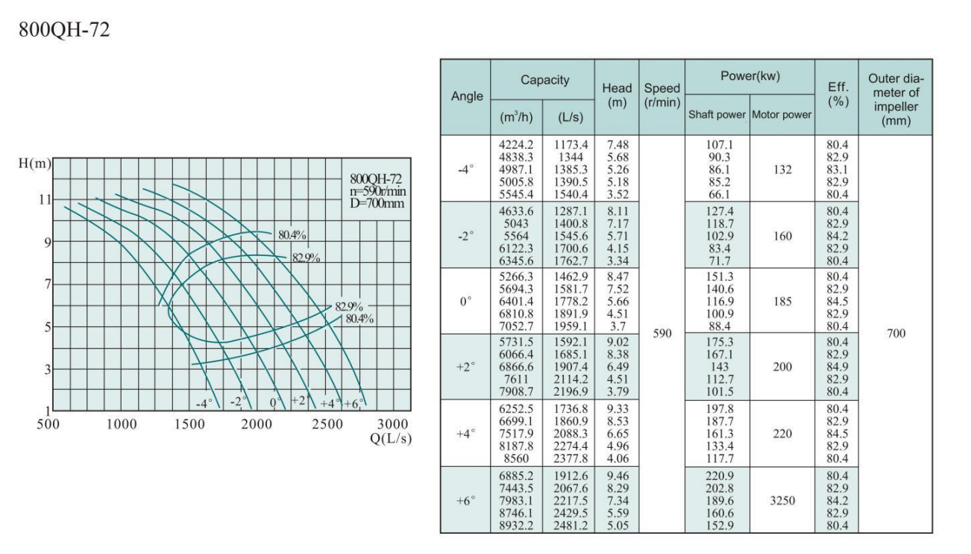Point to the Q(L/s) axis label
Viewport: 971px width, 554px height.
click(390, 438)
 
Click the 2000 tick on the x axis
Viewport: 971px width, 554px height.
click(259, 425)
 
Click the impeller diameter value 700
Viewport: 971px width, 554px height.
click(895, 334)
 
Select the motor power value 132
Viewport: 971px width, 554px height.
click(782, 169)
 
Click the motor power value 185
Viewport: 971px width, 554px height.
click(782, 301)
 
